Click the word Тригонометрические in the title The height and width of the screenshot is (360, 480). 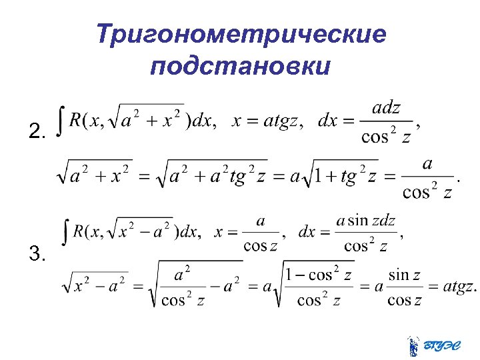pos(241,34)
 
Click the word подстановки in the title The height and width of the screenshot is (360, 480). pos(240,67)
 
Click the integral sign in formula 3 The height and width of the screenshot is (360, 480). pos(65,231)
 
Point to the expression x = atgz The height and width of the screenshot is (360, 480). pos(267,121)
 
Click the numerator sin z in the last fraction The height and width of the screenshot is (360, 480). pos(405,274)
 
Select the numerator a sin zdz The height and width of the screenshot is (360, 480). pos(366,221)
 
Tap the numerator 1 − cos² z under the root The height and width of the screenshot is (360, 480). pos(318,273)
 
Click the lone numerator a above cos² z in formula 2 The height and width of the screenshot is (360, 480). pos(427,163)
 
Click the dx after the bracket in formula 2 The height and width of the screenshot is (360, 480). pos(203,121)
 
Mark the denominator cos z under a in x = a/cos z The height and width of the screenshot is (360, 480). pos(260,246)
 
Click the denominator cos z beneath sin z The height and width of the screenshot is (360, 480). pos(405,300)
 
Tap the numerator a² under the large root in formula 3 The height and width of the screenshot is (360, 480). pos(182,273)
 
